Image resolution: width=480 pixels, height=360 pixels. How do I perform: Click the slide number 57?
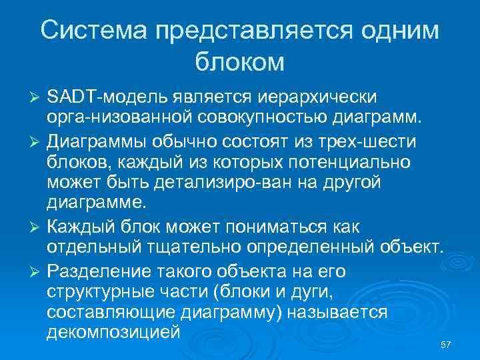coord(446,343)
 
